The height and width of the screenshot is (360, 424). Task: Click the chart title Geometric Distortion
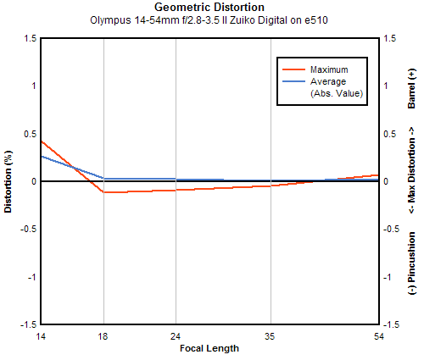209,7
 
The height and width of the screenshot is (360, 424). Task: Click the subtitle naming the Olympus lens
209,20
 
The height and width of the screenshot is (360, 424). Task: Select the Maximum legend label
329,69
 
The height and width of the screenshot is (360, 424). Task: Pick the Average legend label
328,81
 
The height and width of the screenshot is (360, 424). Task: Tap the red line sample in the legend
294,69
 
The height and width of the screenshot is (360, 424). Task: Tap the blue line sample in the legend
294,81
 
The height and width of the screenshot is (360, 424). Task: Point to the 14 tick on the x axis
41,336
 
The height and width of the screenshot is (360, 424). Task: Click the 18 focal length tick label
103,336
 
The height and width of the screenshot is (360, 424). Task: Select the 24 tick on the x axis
176,336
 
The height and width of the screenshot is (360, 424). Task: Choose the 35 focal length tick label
271,336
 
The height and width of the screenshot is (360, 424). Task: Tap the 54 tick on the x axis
379,336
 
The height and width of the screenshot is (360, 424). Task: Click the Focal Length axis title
209,348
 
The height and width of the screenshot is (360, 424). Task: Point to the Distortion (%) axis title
8,181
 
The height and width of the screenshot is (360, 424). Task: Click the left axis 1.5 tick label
31,38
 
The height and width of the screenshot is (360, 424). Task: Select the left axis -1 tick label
32,277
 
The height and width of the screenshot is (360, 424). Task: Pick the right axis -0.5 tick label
391,229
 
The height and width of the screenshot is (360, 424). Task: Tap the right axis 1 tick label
386,86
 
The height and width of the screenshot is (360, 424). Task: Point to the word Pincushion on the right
412,258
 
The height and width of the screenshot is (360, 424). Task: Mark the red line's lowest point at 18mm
103,192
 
